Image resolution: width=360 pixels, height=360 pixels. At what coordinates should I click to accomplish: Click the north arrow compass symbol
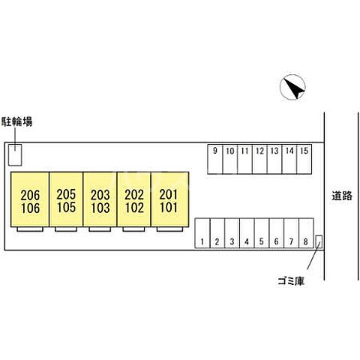click(292, 87)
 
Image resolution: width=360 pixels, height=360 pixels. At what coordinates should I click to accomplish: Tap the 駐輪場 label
click(17, 121)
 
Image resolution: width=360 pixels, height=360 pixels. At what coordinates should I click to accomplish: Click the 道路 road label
click(342, 196)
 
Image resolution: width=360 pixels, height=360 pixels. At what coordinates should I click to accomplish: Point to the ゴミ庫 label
click(291, 281)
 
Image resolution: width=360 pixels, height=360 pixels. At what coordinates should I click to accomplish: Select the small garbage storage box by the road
click(319, 241)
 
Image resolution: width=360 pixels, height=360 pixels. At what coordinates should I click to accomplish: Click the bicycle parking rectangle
click(15, 154)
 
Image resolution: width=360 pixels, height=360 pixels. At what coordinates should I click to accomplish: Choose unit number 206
click(30, 195)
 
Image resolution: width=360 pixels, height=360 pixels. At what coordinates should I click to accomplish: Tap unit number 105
click(66, 207)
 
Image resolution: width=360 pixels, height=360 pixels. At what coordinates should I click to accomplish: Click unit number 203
click(100, 195)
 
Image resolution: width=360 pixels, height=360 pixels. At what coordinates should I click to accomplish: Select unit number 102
click(134, 208)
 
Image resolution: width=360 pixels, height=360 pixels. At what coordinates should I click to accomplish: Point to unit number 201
click(169, 195)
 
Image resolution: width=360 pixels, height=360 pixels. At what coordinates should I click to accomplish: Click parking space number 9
click(215, 151)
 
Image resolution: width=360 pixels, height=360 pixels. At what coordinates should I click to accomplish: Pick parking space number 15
click(304, 151)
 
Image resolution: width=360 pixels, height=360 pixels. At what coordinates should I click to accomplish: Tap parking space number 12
click(259, 151)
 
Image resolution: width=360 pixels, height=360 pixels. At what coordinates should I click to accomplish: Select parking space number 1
click(202, 241)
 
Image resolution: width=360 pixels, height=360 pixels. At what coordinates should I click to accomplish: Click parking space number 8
click(306, 241)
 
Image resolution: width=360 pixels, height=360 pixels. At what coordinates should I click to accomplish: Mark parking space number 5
click(262, 241)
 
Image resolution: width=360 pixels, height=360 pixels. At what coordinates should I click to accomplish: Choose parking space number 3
click(232, 241)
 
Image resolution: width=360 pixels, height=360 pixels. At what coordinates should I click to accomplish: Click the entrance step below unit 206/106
click(30, 229)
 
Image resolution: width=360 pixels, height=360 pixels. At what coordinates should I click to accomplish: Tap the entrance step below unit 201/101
click(169, 229)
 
